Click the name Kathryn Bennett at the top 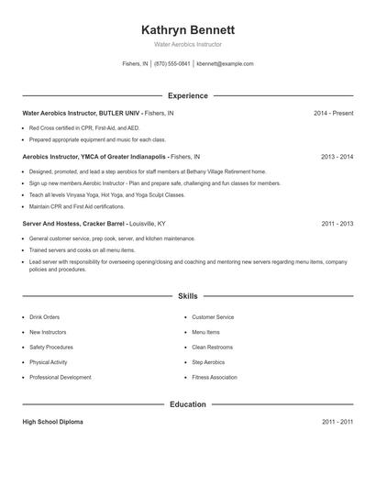coord(188,29)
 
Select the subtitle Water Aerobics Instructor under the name coord(188,44)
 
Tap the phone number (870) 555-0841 coord(171,64)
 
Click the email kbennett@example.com coord(225,64)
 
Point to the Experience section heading coord(188,95)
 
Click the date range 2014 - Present coord(333,113)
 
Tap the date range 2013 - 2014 coord(337,157)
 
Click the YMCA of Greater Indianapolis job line coord(111,157)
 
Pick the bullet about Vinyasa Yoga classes coord(107,195)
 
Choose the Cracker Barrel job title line coord(94,223)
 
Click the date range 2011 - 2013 coord(337,223)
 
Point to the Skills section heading coord(188,296)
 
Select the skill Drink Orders coord(45,317)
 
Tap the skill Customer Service coord(213,317)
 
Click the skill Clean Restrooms coord(212,348)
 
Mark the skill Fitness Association coord(215,377)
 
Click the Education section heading coord(188,404)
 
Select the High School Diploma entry coord(52,422)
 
